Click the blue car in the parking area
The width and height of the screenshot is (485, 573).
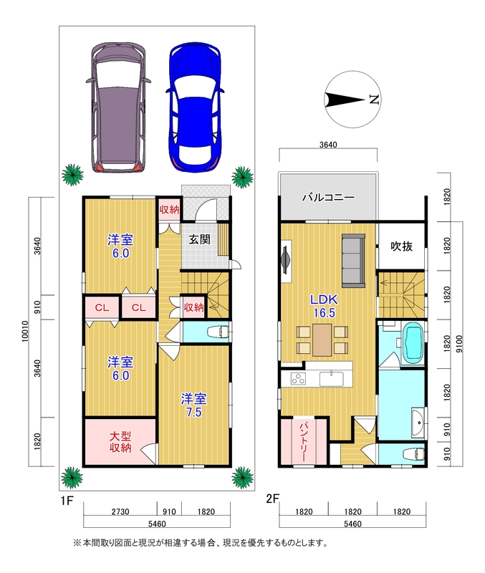point(195,107)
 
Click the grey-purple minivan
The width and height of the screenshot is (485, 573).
point(118,107)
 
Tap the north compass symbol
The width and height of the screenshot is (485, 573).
point(352,99)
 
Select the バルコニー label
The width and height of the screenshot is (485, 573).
point(328,198)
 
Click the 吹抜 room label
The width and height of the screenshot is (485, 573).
point(402,246)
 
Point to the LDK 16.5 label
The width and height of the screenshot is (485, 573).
point(324,306)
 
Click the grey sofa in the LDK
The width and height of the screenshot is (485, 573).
point(353,261)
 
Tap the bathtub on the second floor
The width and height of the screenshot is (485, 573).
point(413,343)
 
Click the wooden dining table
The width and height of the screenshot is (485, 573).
point(322,340)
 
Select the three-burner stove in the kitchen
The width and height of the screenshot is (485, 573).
point(298,379)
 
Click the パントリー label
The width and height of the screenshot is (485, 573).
point(304,442)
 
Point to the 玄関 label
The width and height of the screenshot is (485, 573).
point(200,239)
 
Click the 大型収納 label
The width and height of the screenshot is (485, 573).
point(120,442)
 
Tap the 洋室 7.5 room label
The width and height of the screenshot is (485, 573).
point(193,405)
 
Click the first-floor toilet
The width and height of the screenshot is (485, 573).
point(219,332)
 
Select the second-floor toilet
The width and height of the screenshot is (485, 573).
point(414,453)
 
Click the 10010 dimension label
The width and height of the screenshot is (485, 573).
point(25,331)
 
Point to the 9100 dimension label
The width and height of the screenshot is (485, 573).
point(459,344)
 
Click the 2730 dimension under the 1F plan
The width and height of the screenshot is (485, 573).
point(120,511)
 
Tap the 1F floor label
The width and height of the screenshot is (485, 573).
point(67,500)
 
